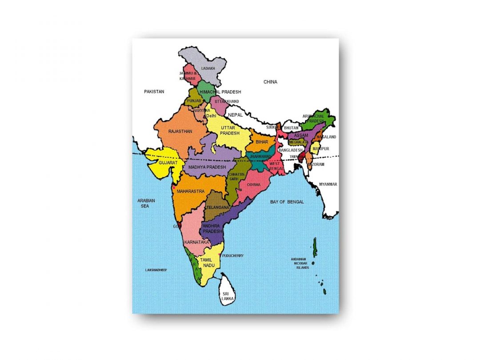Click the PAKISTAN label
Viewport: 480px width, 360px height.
tap(154, 92)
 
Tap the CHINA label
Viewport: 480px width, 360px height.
tap(270, 82)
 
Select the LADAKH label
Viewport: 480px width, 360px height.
tap(208, 68)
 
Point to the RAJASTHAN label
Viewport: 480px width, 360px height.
tap(180, 132)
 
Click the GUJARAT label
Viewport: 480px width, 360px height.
tap(168, 163)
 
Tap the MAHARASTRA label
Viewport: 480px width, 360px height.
tap(190, 192)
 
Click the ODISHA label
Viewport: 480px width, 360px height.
tap(254, 184)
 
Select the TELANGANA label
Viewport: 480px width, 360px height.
tap(217, 208)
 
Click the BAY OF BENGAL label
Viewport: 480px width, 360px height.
tap(287, 202)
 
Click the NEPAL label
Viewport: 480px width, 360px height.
tap(235, 115)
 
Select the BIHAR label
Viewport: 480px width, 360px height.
tap(262, 142)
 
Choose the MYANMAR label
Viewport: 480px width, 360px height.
tap(328, 184)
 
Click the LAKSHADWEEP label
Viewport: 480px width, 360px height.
tap(156, 270)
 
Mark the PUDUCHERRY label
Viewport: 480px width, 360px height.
tap(233, 256)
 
